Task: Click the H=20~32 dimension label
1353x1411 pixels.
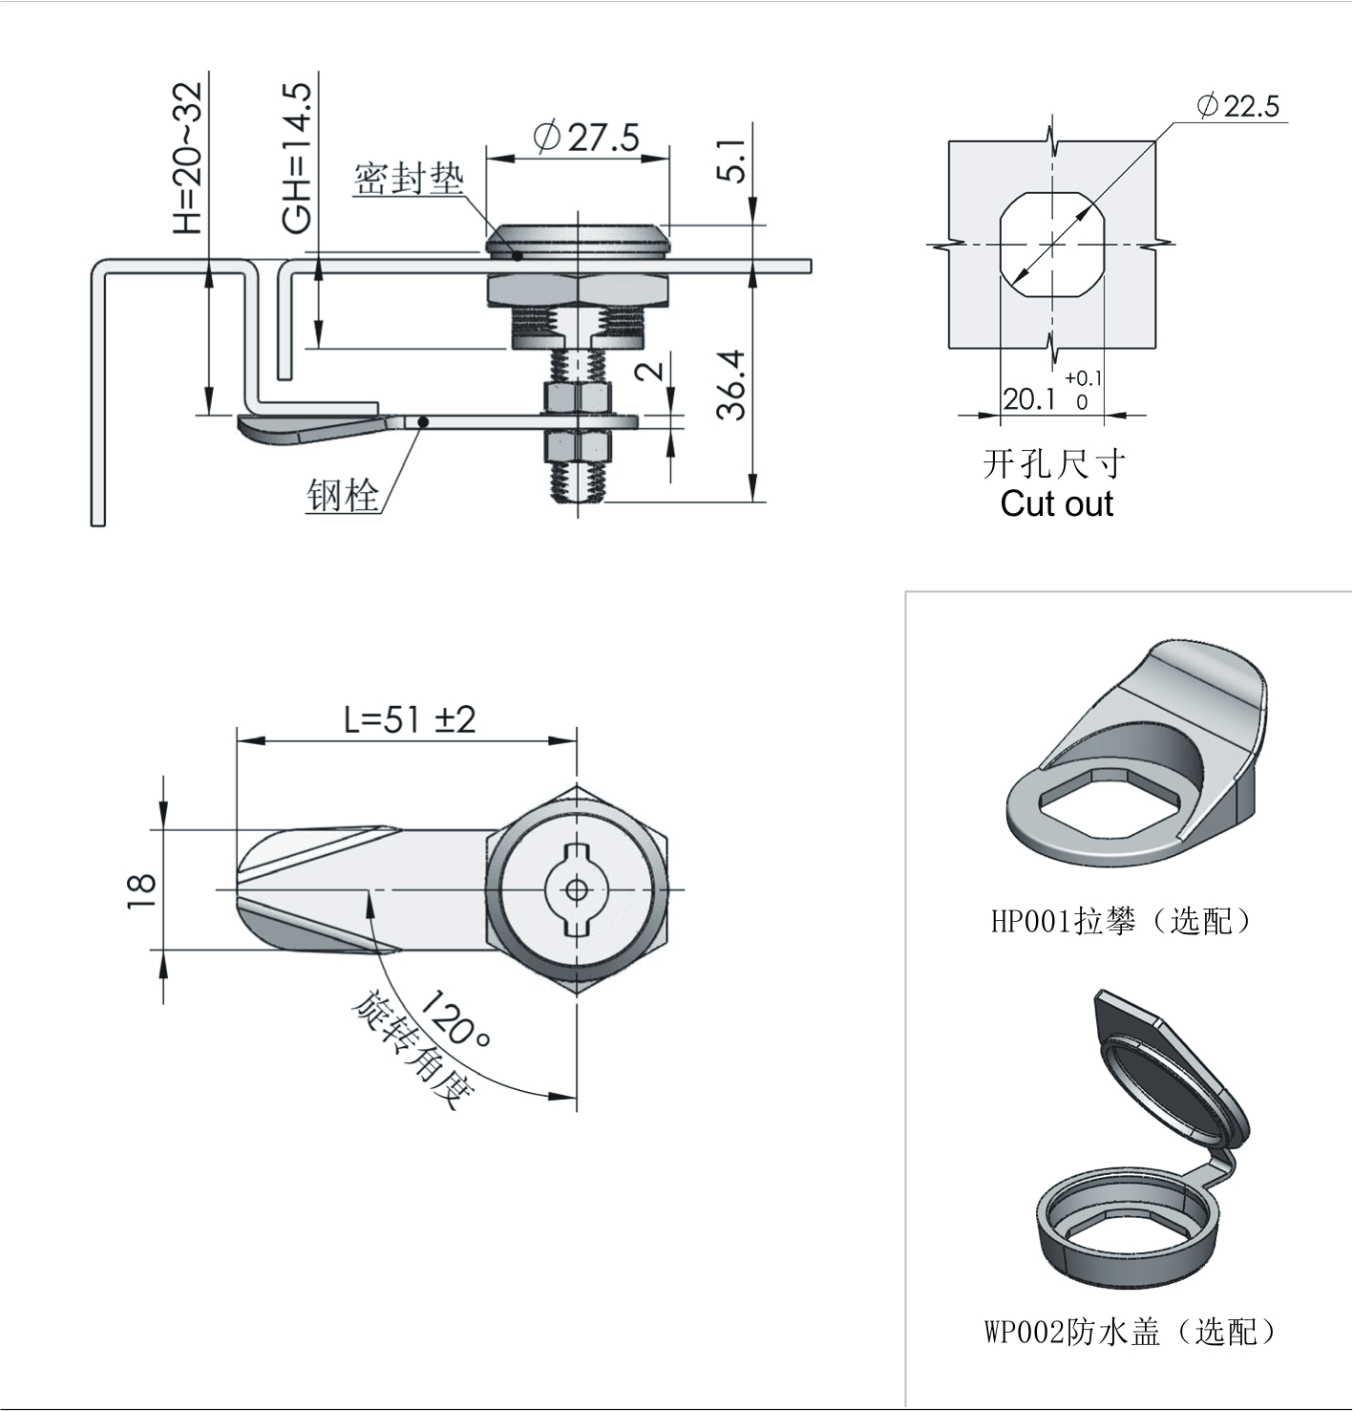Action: [187, 159]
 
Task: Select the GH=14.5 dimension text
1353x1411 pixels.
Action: [297, 159]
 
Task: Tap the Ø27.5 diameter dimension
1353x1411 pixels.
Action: [586, 138]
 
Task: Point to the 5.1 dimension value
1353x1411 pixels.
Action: [733, 160]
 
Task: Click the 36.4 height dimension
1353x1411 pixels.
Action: [733, 385]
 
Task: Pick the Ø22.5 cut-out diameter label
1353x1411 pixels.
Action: [1238, 105]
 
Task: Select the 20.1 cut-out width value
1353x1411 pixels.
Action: [1027, 399]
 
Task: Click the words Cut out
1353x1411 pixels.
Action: [1056, 503]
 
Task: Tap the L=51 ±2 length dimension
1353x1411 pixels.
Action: [410, 719]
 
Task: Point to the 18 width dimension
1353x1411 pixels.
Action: [142, 889]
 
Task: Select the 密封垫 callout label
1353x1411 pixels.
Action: [409, 179]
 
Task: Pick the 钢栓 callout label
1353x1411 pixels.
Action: [342, 495]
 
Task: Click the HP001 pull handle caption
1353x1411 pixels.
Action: [1121, 920]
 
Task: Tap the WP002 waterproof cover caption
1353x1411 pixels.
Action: [1130, 1331]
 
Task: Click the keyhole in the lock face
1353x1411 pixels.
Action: [577, 890]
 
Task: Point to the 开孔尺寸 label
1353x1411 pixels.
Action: [1054, 464]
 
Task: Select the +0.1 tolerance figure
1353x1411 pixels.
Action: [1083, 378]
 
